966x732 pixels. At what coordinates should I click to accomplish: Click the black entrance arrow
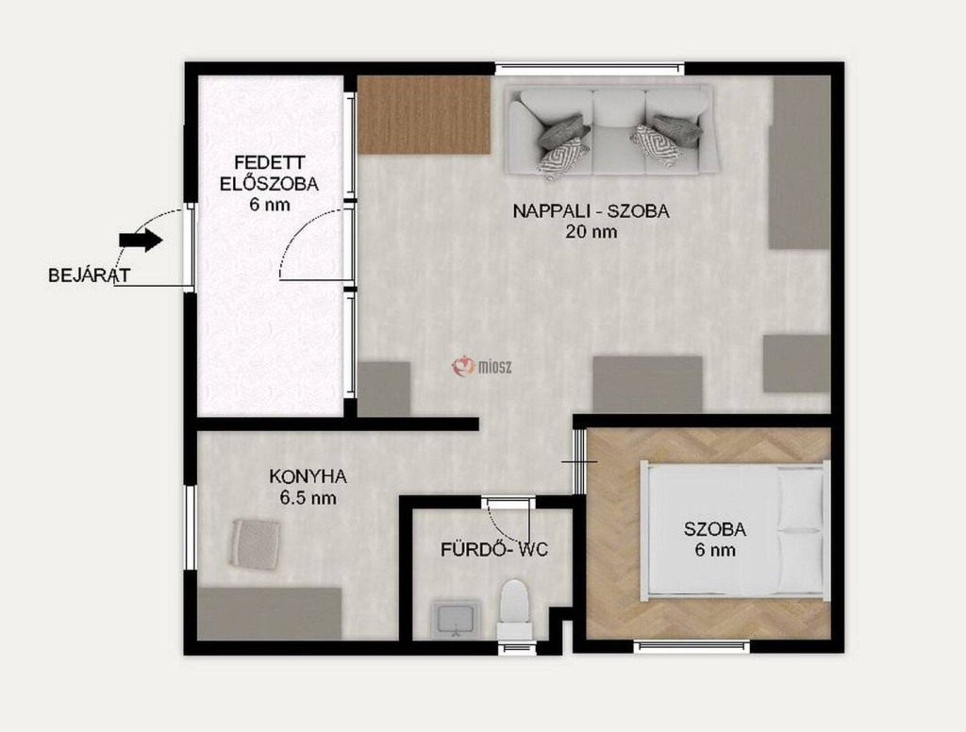coord(141,240)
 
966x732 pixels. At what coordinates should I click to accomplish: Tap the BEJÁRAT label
coord(90,274)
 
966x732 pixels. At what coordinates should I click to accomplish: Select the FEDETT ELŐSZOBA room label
coord(270,174)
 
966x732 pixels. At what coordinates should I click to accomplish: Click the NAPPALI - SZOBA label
coord(591,210)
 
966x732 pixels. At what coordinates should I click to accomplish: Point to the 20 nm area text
coord(591,232)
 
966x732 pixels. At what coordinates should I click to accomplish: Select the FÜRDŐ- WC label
coord(494,549)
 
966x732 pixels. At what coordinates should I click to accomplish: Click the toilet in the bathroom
coord(514,610)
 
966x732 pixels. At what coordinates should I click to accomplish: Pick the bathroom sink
coord(456,619)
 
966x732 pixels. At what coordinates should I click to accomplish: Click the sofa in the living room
coord(611,130)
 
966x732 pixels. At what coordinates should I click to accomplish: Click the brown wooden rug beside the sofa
coord(424,114)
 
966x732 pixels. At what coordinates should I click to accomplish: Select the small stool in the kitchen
coord(256,543)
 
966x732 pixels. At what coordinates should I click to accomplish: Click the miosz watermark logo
coord(482,367)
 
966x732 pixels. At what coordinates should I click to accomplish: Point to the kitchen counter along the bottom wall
coord(269,613)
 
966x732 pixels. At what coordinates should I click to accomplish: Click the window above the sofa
coord(591,69)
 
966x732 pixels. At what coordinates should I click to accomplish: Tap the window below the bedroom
coord(691,647)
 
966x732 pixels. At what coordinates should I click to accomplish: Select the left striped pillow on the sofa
coord(563,158)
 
